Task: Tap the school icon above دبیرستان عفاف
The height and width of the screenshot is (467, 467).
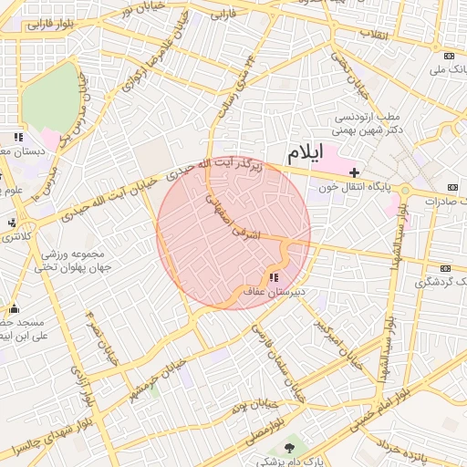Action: click(274, 277)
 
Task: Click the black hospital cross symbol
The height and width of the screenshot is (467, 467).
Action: click(353, 171)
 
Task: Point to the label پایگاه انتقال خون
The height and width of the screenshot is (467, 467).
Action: click(361, 186)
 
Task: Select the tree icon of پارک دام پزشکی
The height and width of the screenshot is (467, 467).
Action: click(291, 447)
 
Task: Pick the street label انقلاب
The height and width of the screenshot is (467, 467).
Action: click(377, 35)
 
